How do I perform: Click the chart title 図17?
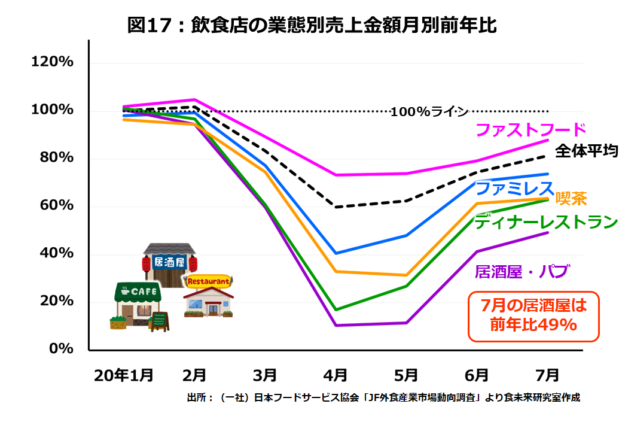(312, 25)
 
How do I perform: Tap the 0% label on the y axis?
(62, 348)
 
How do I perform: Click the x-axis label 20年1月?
(123, 375)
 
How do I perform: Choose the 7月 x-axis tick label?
(547, 375)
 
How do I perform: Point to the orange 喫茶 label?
(571, 198)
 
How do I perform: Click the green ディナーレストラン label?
(545, 222)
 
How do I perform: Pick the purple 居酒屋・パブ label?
(520, 271)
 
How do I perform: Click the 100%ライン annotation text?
(429, 111)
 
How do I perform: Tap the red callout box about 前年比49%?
(533, 316)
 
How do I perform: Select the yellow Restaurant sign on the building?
(208, 281)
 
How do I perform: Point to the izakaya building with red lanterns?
(170, 263)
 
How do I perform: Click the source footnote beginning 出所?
(383, 397)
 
